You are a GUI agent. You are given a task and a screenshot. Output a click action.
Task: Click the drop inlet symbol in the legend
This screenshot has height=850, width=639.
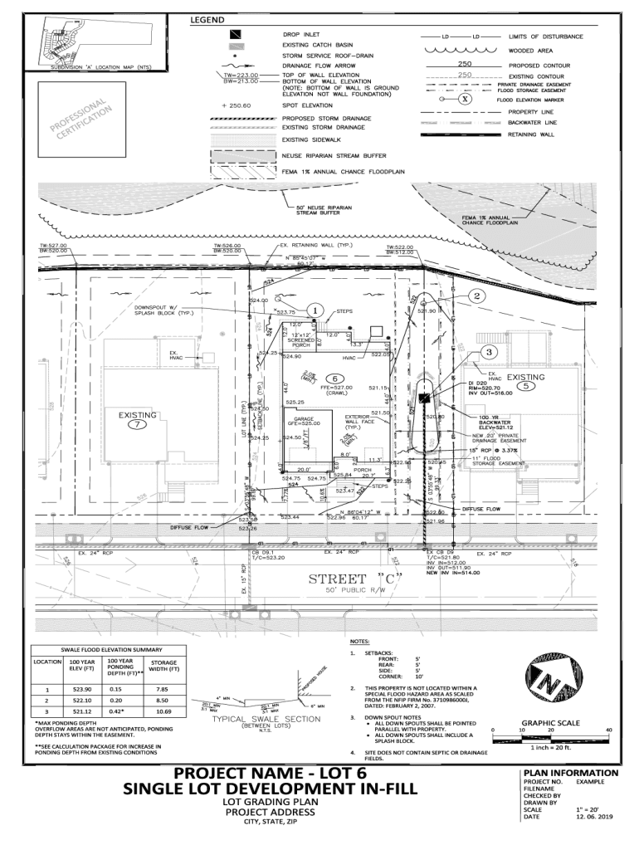coord(237,36)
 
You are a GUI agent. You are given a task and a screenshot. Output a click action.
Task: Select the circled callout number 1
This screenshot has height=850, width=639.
coord(316,310)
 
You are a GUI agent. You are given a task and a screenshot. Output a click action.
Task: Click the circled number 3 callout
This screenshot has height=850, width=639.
coord(490,351)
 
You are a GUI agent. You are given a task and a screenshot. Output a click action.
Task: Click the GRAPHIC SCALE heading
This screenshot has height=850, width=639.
coord(551,723)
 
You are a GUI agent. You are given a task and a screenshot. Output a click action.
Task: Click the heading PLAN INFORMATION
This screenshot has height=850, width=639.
coord(571,773)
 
